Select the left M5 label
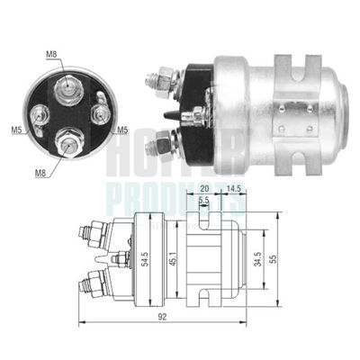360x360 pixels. point(17,130)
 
